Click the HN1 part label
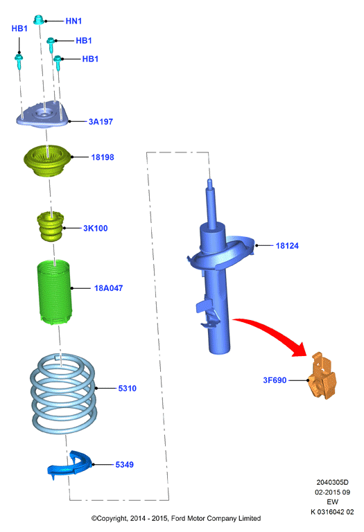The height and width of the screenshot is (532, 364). (73, 21)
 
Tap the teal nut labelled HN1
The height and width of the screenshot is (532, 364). (38, 19)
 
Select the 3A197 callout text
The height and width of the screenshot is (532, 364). (101, 121)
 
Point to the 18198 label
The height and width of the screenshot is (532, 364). (103, 157)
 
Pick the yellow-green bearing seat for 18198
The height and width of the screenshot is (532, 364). (48, 161)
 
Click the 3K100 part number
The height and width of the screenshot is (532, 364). (96, 228)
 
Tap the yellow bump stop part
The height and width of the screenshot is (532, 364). (50, 227)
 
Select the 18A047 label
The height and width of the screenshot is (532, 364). (108, 288)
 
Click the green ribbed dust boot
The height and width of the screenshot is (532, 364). (54, 292)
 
